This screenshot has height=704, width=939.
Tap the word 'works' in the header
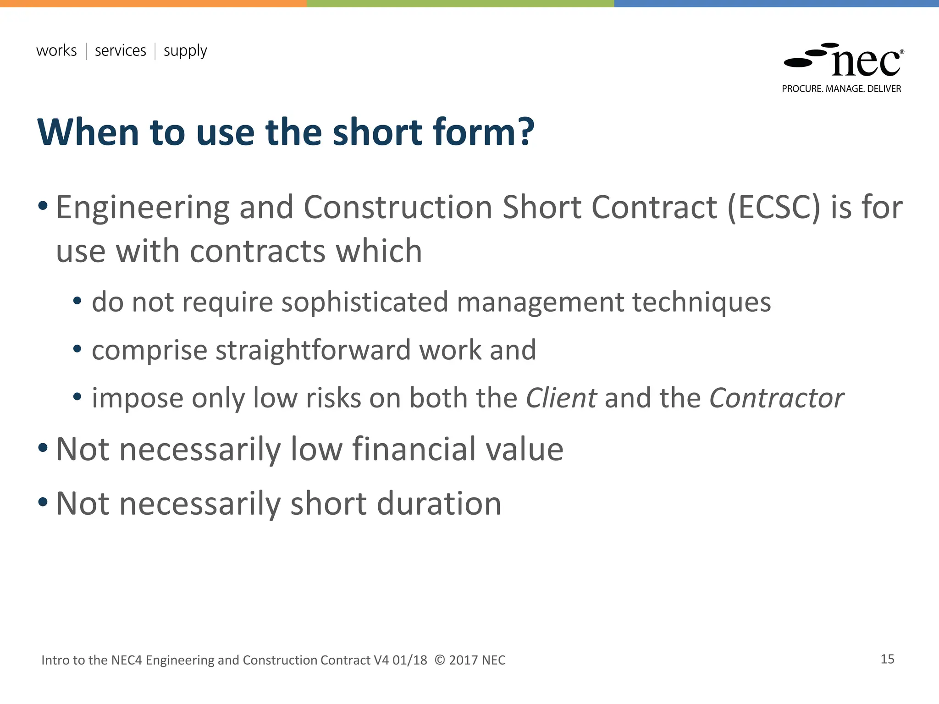pyautogui.click(x=56, y=50)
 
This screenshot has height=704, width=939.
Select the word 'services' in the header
pyautogui.click(x=120, y=50)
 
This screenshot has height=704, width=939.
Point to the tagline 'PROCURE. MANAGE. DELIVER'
pyautogui.click(x=841, y=89)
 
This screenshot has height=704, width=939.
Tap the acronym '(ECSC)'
pyautogui.click(x=773, y=208)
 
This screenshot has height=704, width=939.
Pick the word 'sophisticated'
pyautogui.click(x=365, y=302)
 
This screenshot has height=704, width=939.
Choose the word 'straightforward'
pyautogui.click(x=313, y=351)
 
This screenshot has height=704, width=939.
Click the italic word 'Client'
pyautogui.click(x=561, y=398)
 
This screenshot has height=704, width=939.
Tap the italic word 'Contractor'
pyautogui.click(x=776, y=398)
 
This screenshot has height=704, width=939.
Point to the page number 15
pyautogui.click(x=887, y=659)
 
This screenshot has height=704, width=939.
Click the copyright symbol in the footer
pyautogui.click(x=439, y=660)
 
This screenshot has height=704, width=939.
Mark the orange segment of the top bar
pyautogui.click(x=153, y=3)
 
